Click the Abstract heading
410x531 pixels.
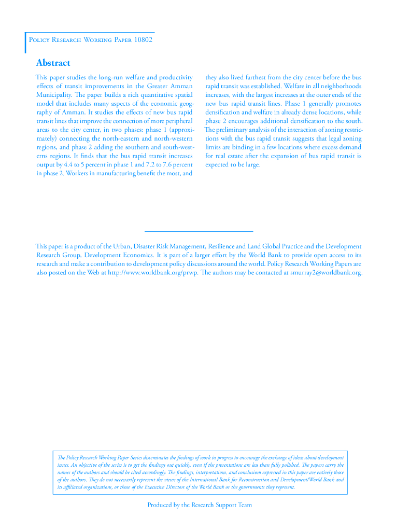click(53, 63)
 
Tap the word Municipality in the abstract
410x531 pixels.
click(54, 95)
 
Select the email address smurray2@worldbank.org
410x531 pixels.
click(326, 273)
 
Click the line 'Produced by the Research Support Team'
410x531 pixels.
click(200, 505)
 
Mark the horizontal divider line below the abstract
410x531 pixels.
click(199, 231)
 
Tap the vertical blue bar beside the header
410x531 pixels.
click(25, 43)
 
